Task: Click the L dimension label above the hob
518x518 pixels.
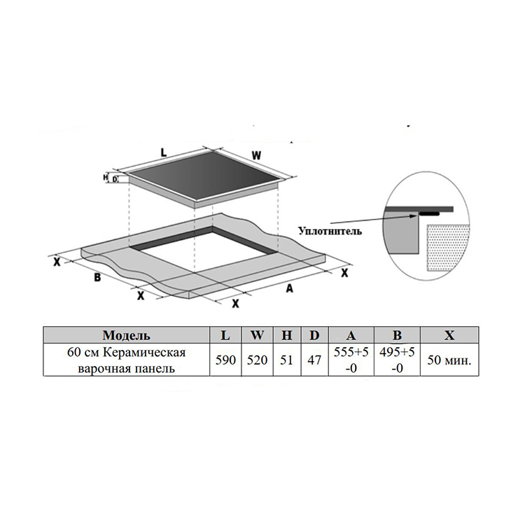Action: coord(164,153)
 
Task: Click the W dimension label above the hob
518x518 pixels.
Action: coord(256,155)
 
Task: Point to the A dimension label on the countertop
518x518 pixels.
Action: coord(289,288)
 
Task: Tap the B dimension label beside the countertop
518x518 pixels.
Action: coord(97,277)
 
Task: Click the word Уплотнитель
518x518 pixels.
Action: coord(330,230)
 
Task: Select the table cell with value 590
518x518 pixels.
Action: coord(225,360)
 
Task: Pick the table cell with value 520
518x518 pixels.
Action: coord(257,360)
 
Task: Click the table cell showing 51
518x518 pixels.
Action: coord(287,360)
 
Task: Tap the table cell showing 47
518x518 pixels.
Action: coord(314,360)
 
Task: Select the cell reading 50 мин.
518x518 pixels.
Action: coord(449,360)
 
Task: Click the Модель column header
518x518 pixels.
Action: coord(127,335)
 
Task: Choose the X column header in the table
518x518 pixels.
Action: coord(449,335)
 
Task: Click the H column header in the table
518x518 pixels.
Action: coord(287,335)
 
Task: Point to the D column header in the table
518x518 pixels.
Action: coord(314,335)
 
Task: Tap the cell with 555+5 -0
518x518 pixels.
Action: coord(351,360)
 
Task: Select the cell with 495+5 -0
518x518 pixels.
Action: coord(397,360)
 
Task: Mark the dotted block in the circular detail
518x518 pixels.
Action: coord(447,248)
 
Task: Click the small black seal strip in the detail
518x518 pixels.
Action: coord(429,214)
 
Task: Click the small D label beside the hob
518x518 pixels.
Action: coord(115,179)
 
